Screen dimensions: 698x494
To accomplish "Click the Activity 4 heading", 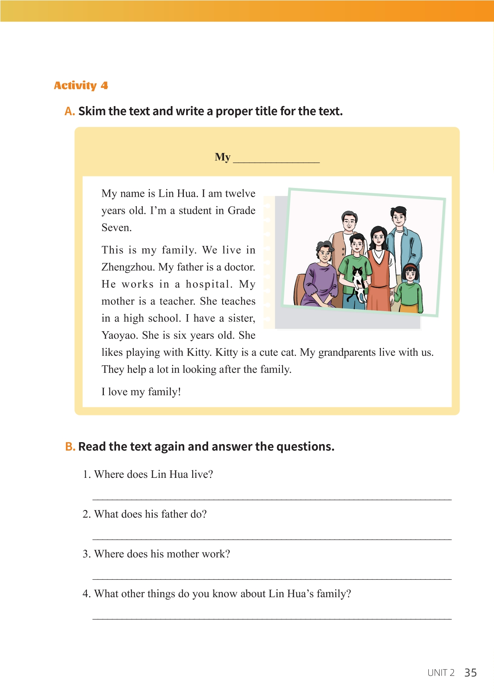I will click(81, 86).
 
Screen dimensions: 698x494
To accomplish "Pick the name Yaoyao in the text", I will click(120, 335).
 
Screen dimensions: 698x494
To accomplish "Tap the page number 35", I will click(470, 673).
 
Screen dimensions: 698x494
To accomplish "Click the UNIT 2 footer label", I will click(441, 673).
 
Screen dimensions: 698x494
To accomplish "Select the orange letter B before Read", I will click(70, 447).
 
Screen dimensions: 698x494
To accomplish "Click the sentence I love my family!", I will click(141, 392).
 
